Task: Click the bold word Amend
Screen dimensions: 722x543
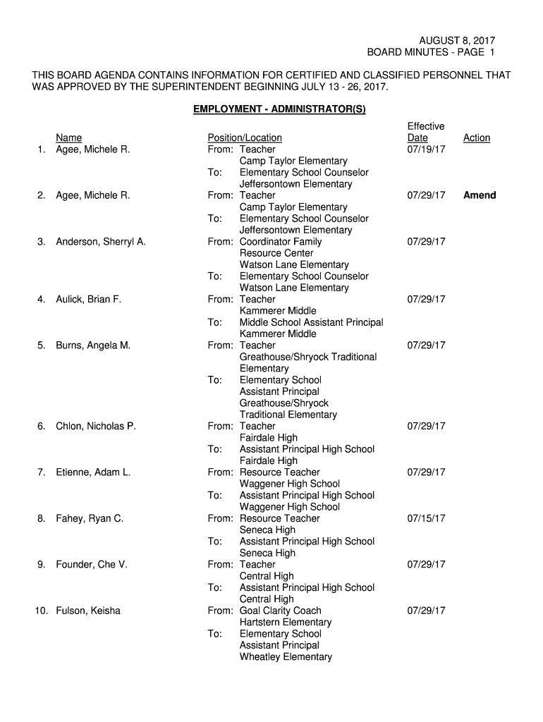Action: [x=479, y=195]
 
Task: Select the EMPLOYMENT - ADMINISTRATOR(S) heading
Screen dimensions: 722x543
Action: [x=279, y=110]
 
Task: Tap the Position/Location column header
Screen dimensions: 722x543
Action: [x=244, y=138]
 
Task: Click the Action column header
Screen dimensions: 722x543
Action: [x=476, y=138]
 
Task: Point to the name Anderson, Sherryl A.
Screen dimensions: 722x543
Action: [x=101, y=242]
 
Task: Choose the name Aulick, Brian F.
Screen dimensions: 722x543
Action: [x=89, y=300]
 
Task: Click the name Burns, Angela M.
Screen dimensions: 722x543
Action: [x=93, y=345]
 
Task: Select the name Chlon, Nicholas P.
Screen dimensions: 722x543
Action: [x=96, y=426]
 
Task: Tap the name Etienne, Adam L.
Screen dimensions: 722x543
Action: [x=93, y=472]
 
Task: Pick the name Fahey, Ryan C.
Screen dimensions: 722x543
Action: [x=90, y=518]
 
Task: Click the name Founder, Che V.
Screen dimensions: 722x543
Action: [x=92, y=565]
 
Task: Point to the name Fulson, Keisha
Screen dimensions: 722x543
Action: [x=88, y=611]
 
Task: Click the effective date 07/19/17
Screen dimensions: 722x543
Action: [x=426, y=149]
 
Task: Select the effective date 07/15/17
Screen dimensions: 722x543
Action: [x=426, y=518]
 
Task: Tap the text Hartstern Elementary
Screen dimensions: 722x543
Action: [x=285, y=623]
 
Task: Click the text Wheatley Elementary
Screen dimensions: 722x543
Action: [x=286, y=657]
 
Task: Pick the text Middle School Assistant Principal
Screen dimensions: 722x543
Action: [x=311, y=322]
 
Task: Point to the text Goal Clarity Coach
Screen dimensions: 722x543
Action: [x=280, y=611]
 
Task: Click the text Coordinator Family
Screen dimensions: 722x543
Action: [x=281, y=242]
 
